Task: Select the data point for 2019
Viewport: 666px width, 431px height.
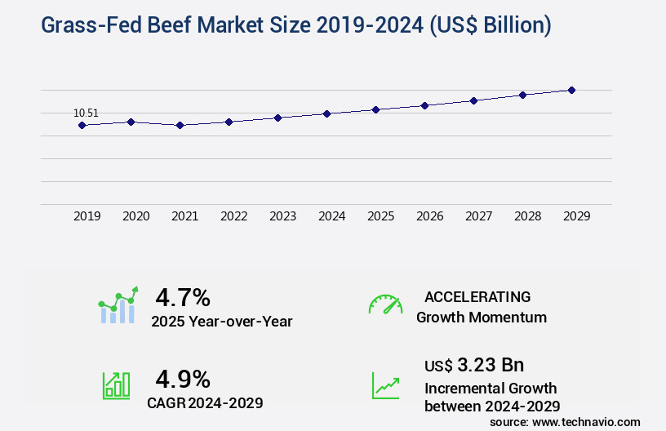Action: click(82, 125)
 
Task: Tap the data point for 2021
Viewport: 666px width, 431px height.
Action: click(180, 125)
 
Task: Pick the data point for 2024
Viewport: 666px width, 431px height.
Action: click(326, 113)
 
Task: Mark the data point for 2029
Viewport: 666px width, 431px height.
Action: click(571, 90)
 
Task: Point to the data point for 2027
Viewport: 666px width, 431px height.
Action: click(473, 100)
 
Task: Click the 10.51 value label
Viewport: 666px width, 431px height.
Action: click(86, 113)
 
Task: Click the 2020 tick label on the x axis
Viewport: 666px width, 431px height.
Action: click(135, 217)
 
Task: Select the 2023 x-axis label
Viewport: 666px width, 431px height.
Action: click(282, 217)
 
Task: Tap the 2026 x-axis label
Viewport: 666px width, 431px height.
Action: click(429, 217)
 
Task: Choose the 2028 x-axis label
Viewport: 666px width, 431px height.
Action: click(527, 217)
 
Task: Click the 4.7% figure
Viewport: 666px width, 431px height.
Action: click(183, 297)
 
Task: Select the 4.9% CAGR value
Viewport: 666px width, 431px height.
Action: click(183, 379)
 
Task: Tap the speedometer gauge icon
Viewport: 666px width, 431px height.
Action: click(385, 304)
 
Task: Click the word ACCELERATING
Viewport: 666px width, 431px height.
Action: click(477, 297)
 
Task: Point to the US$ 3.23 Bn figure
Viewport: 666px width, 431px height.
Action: click(474, 365)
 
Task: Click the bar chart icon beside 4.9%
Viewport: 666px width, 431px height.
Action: click(116, 385)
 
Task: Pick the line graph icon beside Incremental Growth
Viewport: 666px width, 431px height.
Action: click(385, 385)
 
